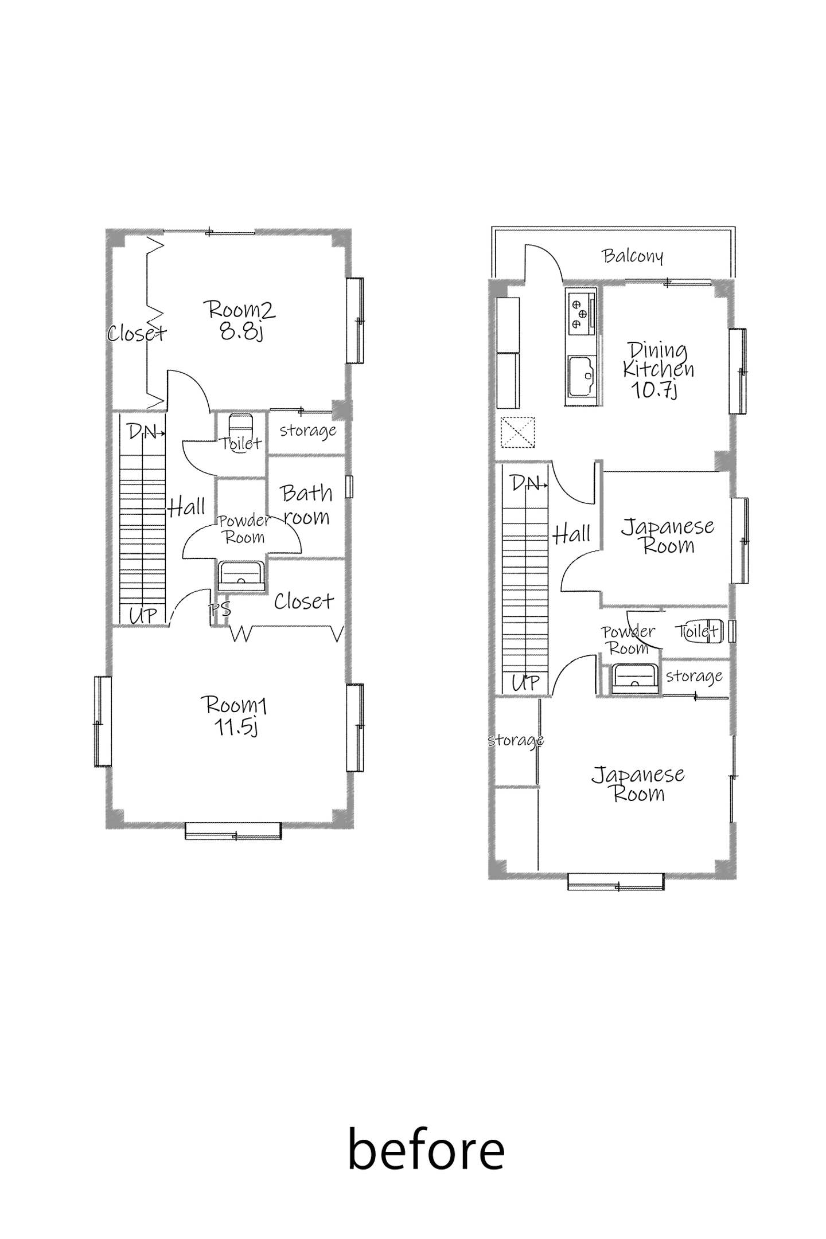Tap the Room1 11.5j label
(234, 715)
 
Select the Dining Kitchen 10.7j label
(658, 370)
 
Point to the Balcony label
(632, 256)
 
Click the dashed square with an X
(518, 432)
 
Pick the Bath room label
(306, 505)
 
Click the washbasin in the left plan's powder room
(241, 576)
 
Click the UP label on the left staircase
(143, 615)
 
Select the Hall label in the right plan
(572, 534)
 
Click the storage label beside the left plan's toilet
(308, 431)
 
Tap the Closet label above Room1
(304, 601)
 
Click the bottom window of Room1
(233, 831)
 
